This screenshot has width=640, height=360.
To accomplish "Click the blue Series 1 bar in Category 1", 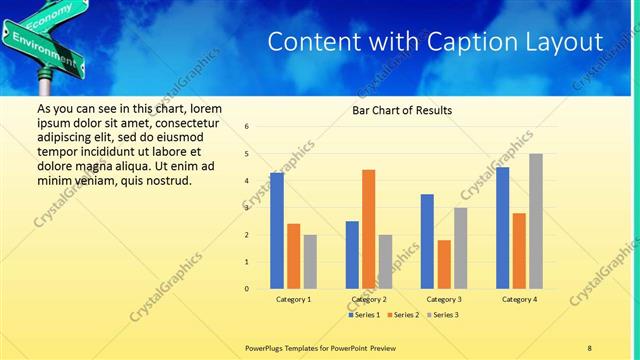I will [x=277, y=231].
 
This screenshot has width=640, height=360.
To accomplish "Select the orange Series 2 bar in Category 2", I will [x=368, y=229].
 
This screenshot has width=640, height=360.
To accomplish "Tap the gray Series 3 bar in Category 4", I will [x=536, y=221].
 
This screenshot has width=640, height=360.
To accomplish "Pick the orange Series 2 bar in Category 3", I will [x=444, y=264].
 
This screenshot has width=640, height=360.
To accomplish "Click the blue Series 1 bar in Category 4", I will [x=502, y=228].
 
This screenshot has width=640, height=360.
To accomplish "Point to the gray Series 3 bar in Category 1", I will [x=310, y=262].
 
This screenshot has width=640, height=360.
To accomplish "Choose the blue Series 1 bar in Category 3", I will [x=427, y=241].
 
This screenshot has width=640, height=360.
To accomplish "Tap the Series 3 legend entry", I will [x=442, y=315].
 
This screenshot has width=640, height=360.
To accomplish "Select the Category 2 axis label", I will [x=369, y=299].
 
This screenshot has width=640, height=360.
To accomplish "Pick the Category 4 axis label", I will [x=519, y=299].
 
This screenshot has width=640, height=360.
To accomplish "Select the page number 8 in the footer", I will [x=589, y=347].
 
